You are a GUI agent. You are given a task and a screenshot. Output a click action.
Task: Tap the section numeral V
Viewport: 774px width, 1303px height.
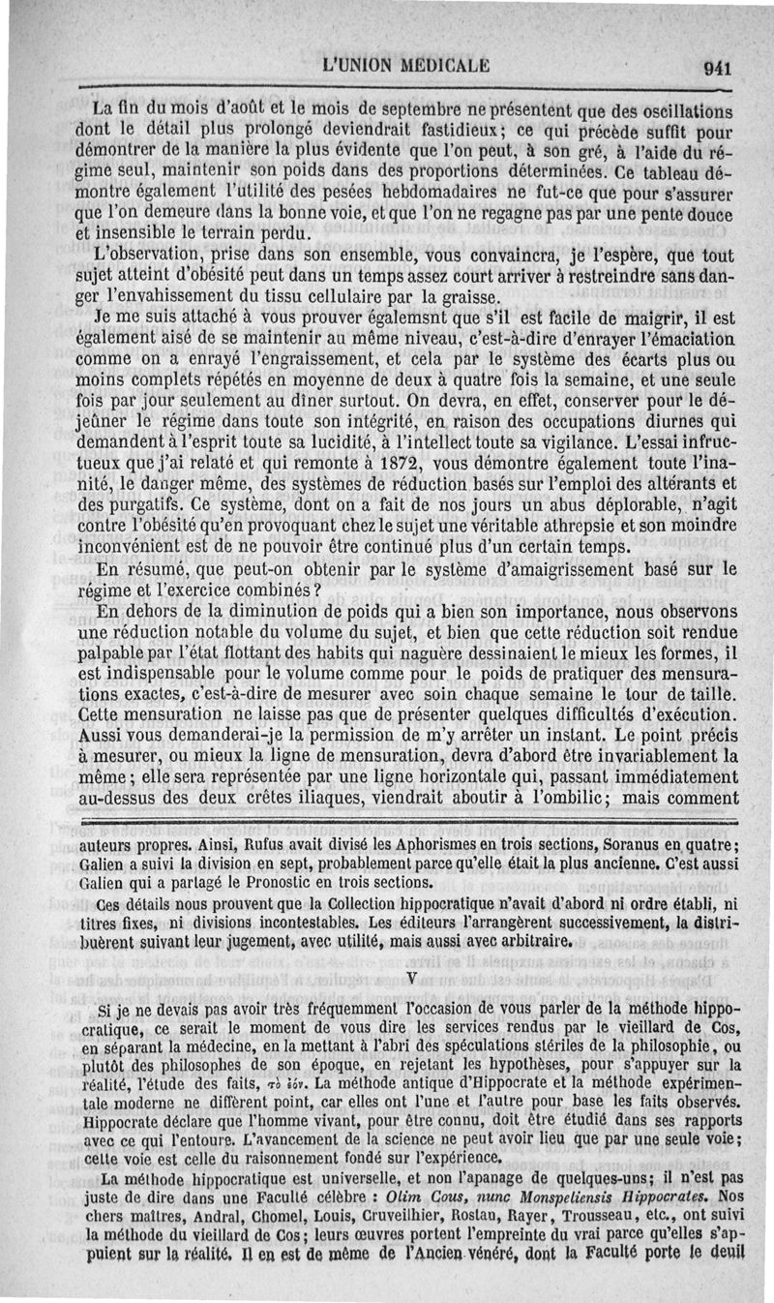tap(413, 978)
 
